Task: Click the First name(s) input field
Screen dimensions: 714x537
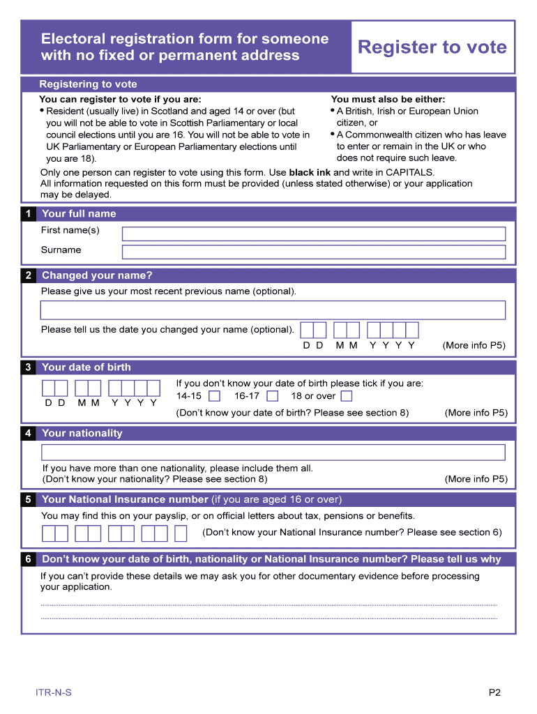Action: coord(313,234)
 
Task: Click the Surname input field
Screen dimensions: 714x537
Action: coord(313,252)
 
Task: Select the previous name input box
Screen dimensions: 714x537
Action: coord(273,310)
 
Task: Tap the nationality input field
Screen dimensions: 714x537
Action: coord(273,453)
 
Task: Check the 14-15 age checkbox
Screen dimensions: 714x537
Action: coord(215,396)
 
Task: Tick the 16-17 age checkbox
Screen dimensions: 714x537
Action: coord(273,396)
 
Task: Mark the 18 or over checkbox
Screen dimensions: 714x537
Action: coord(347,396)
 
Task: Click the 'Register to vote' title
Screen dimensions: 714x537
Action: coord(432,47)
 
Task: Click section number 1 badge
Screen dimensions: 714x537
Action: coord(28,214)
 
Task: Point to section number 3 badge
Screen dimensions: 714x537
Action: coord(28,367)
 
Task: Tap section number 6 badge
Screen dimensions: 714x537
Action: coord(28,559)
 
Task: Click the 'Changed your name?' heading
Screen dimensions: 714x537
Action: coord(97,275)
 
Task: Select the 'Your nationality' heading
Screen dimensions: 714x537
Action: coord(82,433)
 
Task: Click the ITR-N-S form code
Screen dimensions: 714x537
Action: coord(54,692)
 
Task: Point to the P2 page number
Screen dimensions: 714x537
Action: coord(494,692)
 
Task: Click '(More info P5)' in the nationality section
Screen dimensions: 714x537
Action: coord(476,479)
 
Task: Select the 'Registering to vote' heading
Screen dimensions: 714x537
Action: coord(88,84)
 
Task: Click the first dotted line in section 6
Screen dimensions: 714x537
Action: coord(268,605)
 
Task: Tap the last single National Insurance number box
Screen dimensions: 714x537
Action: coord(181,533)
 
